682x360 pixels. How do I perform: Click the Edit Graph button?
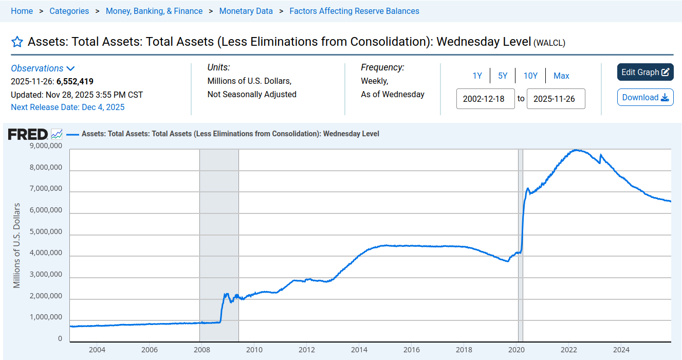(645, 73)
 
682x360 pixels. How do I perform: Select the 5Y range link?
(503, 76)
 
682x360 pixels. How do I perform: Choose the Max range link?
(561, 76)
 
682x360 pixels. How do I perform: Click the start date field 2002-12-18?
(485, 99)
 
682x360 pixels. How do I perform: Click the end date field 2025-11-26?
(556, 99)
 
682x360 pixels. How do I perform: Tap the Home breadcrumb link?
(22, 11)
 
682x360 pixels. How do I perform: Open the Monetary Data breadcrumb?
(246, 11)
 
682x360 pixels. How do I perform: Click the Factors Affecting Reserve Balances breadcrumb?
(354, 11)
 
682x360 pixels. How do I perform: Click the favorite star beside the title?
(17, 42)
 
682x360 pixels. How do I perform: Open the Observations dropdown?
(43, 68)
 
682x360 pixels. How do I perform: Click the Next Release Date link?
(67, 107)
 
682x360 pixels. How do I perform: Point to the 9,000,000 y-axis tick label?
(45, 146)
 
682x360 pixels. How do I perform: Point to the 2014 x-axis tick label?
(359, 350)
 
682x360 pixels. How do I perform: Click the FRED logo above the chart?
(28, 134)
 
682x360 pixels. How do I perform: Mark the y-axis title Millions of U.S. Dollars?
(17, 245)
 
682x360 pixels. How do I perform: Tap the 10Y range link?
(530, 76)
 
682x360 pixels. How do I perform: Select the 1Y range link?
(477, 76)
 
